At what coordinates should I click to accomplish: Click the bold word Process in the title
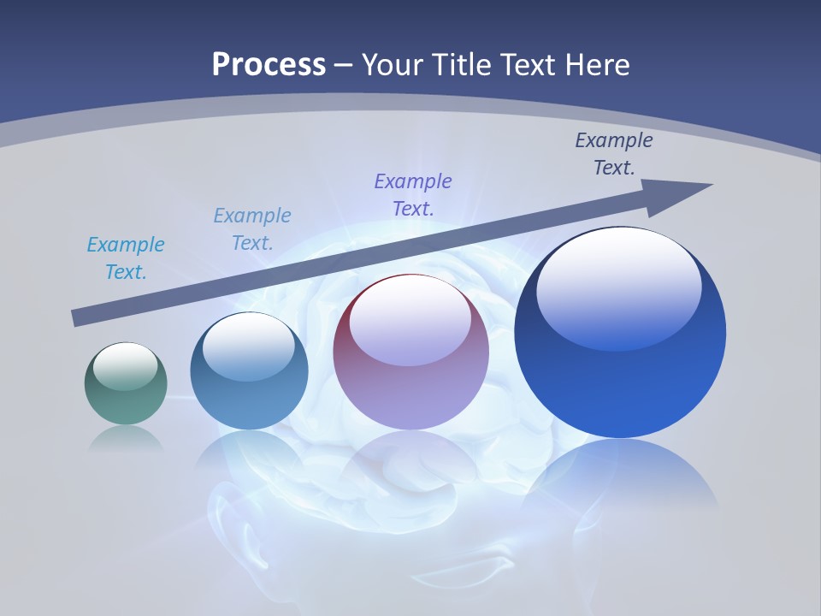point(269,64)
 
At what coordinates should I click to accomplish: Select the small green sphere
point(126,383)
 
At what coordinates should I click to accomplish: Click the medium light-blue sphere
point(249,371)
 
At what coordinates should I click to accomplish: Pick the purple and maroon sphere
point(410,352)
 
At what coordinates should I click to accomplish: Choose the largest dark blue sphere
point(620,332)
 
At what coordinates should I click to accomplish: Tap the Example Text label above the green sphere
point(126,258)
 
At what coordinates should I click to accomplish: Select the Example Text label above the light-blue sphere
point(252,229)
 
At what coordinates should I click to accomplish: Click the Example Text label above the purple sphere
point(413,194)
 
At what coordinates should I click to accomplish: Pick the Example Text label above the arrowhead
point(614,154)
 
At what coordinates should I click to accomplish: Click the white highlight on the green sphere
point(126,366)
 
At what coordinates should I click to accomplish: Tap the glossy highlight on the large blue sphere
point(618,287)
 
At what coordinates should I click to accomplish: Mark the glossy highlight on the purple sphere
point(410,319)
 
